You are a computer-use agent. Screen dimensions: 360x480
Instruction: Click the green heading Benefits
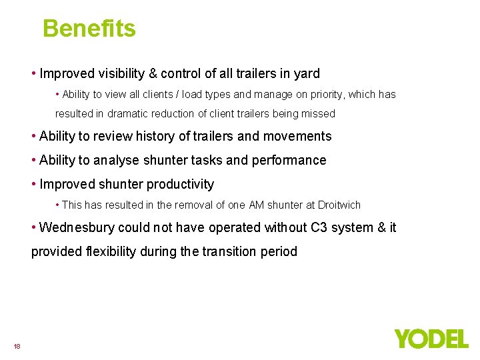coord(89,29)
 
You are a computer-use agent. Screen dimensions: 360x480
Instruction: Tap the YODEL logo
coord(431,339)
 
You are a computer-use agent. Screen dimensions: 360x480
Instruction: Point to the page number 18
coord(17,346)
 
